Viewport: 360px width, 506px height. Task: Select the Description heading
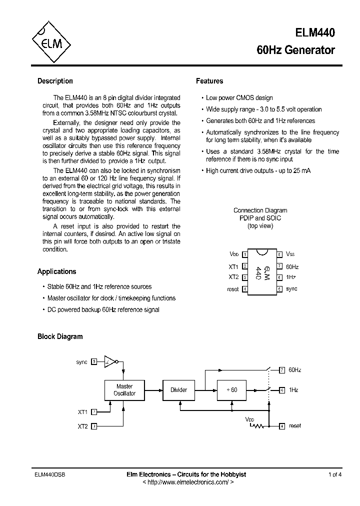(55, 81)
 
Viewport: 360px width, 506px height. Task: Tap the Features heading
(209, 81)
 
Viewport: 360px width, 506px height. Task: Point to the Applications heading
(57, 271)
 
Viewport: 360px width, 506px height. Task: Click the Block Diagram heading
(60, 336)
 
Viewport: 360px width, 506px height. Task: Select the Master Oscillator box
(124, 390)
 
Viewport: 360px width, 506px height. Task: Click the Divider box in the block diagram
(178, 390)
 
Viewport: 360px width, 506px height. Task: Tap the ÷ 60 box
(231, 390)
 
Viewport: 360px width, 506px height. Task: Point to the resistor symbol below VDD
(257, 426)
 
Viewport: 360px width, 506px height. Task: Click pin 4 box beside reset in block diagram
(282, 426)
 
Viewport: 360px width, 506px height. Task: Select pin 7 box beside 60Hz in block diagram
(282, 370)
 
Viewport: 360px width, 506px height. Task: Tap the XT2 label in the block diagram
(82, 426)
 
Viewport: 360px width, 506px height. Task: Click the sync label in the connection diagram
(292, 289)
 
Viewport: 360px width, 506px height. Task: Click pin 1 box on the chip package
(245, 254)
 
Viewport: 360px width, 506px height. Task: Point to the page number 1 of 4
(335, 474)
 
